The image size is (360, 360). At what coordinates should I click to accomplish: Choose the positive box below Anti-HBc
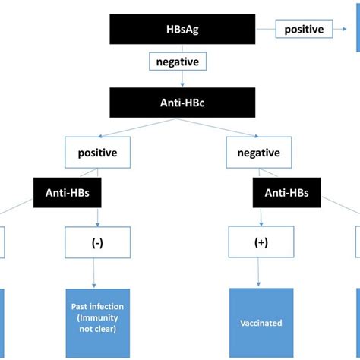97,153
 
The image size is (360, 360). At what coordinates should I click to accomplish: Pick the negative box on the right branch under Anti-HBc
258,153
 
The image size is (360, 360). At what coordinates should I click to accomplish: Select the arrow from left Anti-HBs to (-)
97,217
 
